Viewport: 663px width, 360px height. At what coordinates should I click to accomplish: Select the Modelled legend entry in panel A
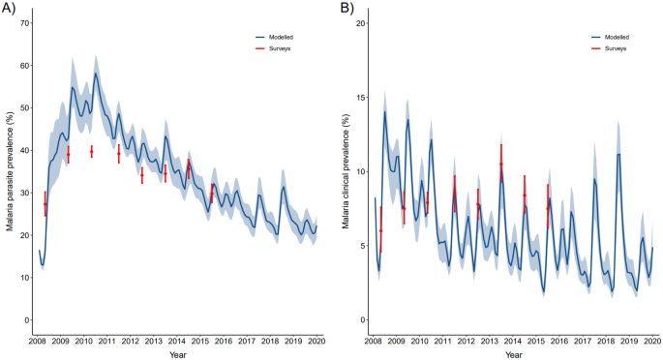(280, 36)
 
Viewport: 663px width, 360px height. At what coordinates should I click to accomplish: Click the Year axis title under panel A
(178, 354)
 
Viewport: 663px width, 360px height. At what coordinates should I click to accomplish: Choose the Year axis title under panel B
(514, 354)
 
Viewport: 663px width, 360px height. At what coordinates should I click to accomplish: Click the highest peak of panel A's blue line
(95, 73)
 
